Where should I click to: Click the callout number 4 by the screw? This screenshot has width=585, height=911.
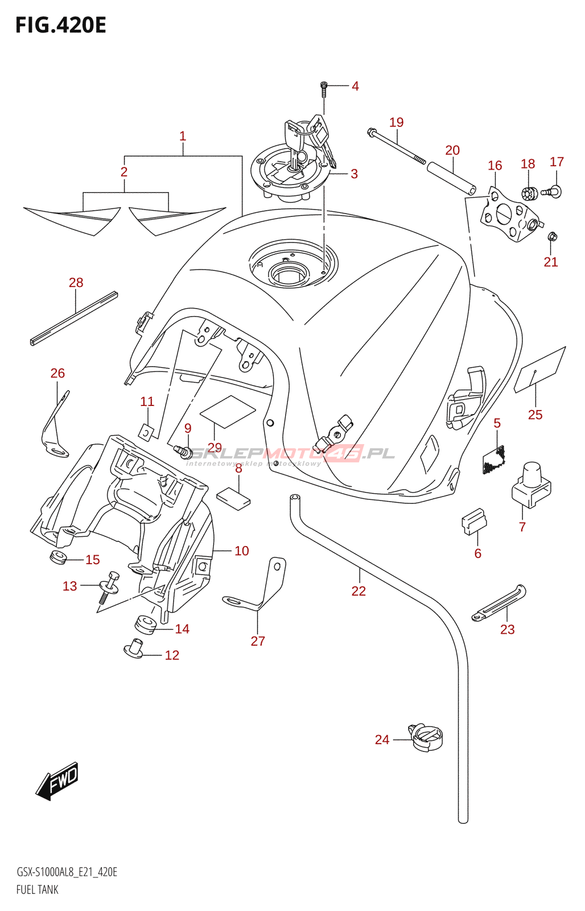point(355,86)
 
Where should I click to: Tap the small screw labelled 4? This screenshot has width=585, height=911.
point(324,88)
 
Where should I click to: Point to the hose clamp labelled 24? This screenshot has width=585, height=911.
point(426,737)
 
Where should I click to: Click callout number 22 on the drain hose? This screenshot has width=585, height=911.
point(359,591)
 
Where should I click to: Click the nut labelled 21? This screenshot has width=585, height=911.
point(551,236)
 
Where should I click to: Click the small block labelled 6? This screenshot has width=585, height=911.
point(473,522)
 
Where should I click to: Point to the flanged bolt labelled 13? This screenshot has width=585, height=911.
point(109,586)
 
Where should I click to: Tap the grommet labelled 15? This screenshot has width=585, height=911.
point(58,557)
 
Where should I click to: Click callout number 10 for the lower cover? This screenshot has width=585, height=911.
point(242,551)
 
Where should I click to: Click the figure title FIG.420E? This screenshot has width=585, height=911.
point(60,26)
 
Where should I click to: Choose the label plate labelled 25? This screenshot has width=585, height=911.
point(540,370)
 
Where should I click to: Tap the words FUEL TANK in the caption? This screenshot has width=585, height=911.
point(38,889)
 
